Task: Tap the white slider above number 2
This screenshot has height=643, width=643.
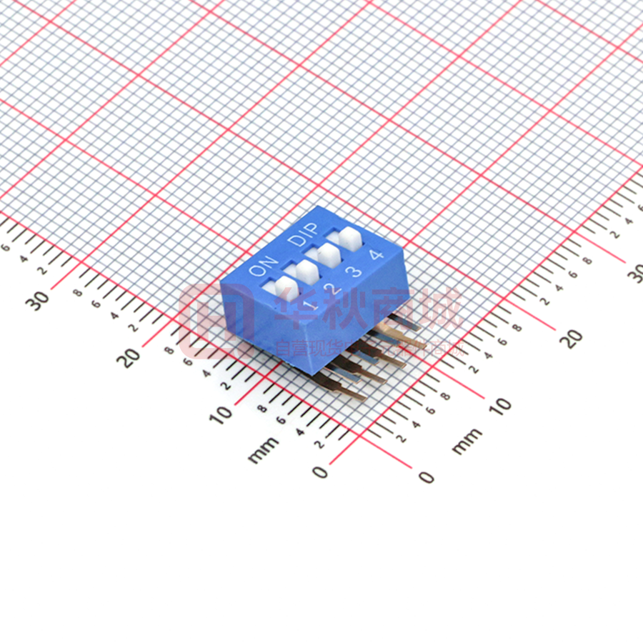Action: pyautogui.click(x=306, y=271)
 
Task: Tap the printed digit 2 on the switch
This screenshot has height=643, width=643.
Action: pyautogui.click(x=331, y=288)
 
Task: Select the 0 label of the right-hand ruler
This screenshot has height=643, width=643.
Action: pyautogui.click(x=426, y=476)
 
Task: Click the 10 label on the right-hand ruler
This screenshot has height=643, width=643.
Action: pyautogui.click(x=501, y=404)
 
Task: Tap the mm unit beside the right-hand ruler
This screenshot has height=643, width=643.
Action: pyautogui.click(x=467, y=441)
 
